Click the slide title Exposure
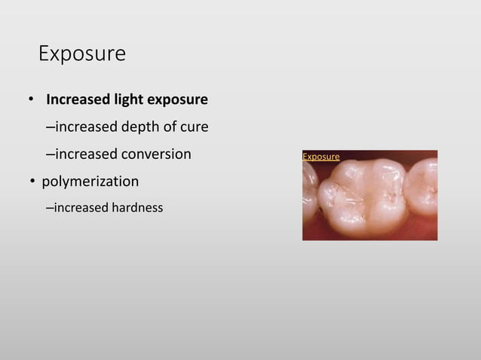coord(81,54)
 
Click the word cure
coord(192,127)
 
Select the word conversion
coord(155,154)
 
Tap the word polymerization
coord(90,182)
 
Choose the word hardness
coord(137,207)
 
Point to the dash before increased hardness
coord(50,207)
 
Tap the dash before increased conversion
coord(50,154)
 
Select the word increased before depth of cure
coord(85,127)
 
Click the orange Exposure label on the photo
coord(320,157)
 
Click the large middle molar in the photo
coord(360,194)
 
